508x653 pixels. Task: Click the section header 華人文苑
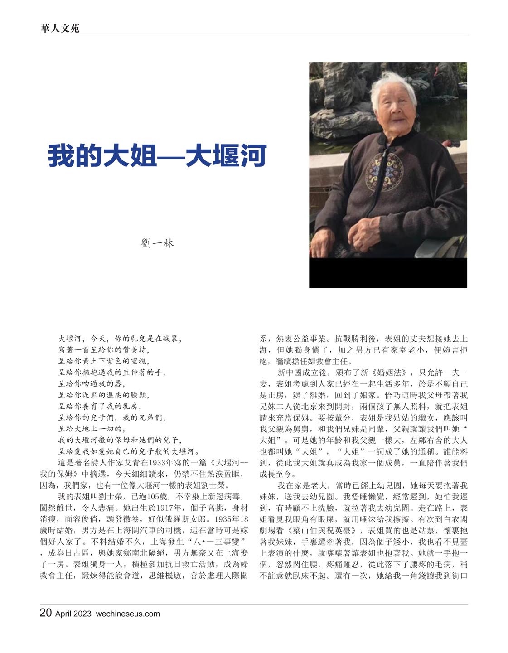click(60, 28)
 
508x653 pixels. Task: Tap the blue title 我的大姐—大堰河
click(157, 155)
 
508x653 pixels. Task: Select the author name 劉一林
click(157, 243)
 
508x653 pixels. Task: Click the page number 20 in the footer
click(46, 613)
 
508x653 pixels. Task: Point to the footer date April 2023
click(73, 614)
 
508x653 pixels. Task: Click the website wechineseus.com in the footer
click(128, 614)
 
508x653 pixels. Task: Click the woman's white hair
click(387, 88)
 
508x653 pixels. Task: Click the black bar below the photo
click(388, 273)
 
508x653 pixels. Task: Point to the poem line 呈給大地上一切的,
click(92, 429)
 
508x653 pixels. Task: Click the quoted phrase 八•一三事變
click(218, 542)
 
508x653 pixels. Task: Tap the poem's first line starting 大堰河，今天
click(120, 339)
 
